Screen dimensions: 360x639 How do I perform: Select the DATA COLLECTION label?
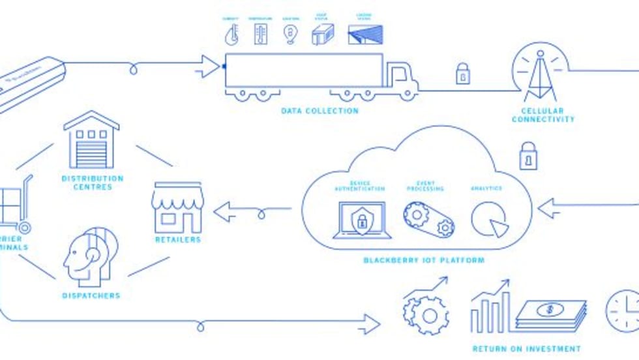(319, 111)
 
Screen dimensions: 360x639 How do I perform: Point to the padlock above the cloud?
(528, 156)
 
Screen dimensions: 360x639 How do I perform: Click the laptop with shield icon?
(362, 220)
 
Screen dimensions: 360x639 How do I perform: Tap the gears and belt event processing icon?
(428, 219)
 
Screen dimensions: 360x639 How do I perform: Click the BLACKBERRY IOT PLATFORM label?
(424, 260)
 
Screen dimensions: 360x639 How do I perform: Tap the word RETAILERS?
(177, 240)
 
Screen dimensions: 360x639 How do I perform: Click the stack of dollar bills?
(551, 315)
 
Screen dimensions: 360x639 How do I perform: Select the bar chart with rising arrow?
(490, 307)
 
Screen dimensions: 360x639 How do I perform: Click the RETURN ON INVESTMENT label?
(526, 349)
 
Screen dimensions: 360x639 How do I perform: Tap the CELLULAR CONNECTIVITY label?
(543, 115)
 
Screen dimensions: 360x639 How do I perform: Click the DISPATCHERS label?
(91, 295)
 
